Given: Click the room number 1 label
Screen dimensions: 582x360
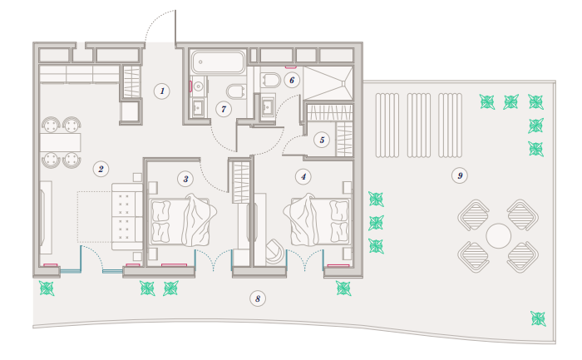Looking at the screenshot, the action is (162, 91).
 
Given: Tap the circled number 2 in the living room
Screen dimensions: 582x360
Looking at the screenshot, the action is (101, 169).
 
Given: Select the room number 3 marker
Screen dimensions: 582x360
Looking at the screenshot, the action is (185, 180).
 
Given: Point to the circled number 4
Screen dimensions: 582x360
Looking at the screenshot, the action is (303, 176).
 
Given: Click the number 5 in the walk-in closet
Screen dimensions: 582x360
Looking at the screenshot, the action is (322, 140).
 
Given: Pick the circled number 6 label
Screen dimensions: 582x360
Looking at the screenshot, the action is (292, 80).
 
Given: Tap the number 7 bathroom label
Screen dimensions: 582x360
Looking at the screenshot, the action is (224, 109).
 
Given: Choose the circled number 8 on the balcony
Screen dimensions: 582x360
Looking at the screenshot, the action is (258, 298).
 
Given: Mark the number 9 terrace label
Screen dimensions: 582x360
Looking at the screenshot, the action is (460, 175).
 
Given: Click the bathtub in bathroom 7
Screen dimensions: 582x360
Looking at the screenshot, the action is (218, 62).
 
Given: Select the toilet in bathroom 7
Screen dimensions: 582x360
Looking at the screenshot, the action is (236, 91).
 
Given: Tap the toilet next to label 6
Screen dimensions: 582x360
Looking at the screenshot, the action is (271, 80).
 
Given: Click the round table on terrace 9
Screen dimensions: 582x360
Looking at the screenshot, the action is (498, 235).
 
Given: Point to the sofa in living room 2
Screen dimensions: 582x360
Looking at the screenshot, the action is (127, 216).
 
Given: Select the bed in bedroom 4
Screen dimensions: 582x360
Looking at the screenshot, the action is (318, 220).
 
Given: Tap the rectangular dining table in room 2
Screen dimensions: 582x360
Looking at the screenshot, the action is (60, 142).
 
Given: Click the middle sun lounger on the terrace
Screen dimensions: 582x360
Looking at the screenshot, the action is (419, 126).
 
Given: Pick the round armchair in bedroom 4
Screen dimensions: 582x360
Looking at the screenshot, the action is (275, 252).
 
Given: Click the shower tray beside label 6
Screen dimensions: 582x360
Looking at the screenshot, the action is (328, 83).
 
